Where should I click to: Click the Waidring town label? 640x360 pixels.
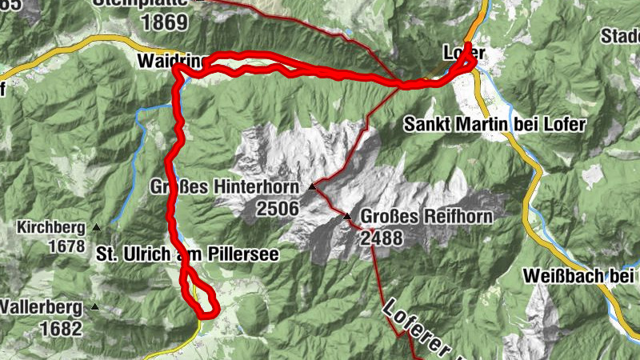[170, 62]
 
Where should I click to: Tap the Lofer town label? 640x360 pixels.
[460, 53]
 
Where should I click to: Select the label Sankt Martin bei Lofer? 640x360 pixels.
[494, 125]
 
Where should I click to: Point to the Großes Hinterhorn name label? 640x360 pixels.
[224, 188]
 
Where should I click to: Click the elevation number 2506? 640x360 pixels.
[278, 209]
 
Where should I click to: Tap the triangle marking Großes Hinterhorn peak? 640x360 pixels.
[313, 187]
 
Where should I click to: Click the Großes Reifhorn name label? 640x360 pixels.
[426, 217]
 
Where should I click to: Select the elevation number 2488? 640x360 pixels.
[382, 238]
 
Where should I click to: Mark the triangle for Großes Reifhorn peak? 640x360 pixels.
[347, 217]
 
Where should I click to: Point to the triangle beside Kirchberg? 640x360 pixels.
[98, 227]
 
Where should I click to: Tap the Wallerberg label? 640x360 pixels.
[42, 307]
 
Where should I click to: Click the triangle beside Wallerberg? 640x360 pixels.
[95, 306]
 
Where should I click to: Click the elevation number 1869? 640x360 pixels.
[165, 22]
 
